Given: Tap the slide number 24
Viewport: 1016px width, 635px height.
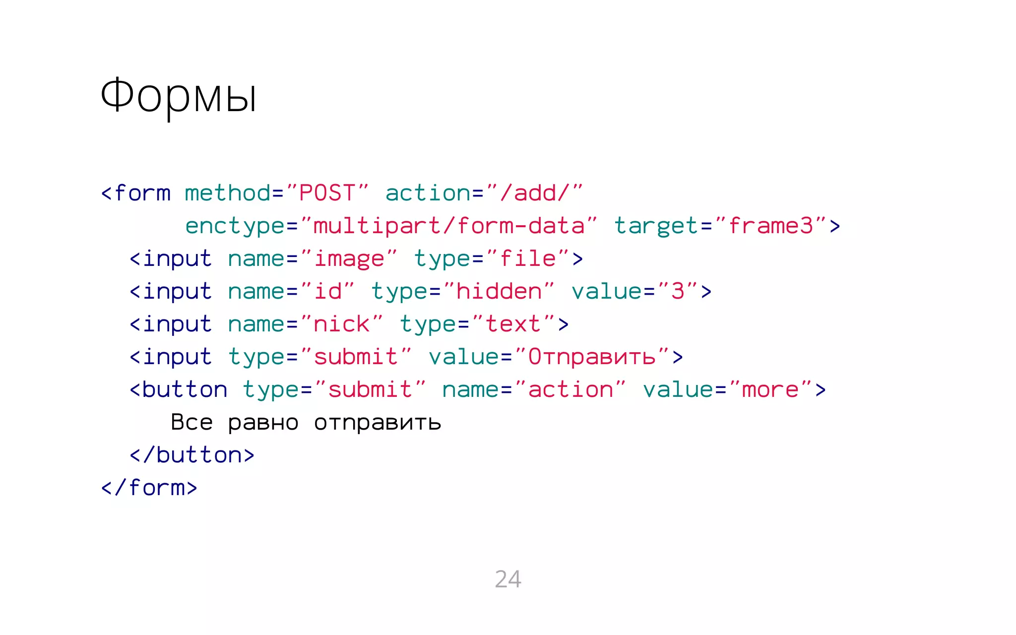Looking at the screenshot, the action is coord(508,579).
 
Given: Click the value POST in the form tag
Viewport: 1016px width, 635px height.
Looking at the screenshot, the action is coord(327,193).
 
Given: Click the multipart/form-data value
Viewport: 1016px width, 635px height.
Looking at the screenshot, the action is coord(449,226).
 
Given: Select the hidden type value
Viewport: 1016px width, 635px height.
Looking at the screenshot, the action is coord(499,292).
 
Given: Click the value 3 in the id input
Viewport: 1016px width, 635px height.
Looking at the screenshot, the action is coord(678,292).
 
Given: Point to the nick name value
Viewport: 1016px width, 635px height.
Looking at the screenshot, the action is coord(341,324).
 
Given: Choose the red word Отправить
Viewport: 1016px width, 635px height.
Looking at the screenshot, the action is coord(591,357).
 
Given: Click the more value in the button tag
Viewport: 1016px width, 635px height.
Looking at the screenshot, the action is coord(770,390).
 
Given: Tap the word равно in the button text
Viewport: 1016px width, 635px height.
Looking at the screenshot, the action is coord(263,423).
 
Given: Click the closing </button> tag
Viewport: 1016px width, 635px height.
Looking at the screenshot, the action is coord(192,455).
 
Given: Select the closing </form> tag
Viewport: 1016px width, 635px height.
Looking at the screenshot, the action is coord(149,488).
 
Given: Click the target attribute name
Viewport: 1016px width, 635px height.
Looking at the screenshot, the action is coord(656,226).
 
